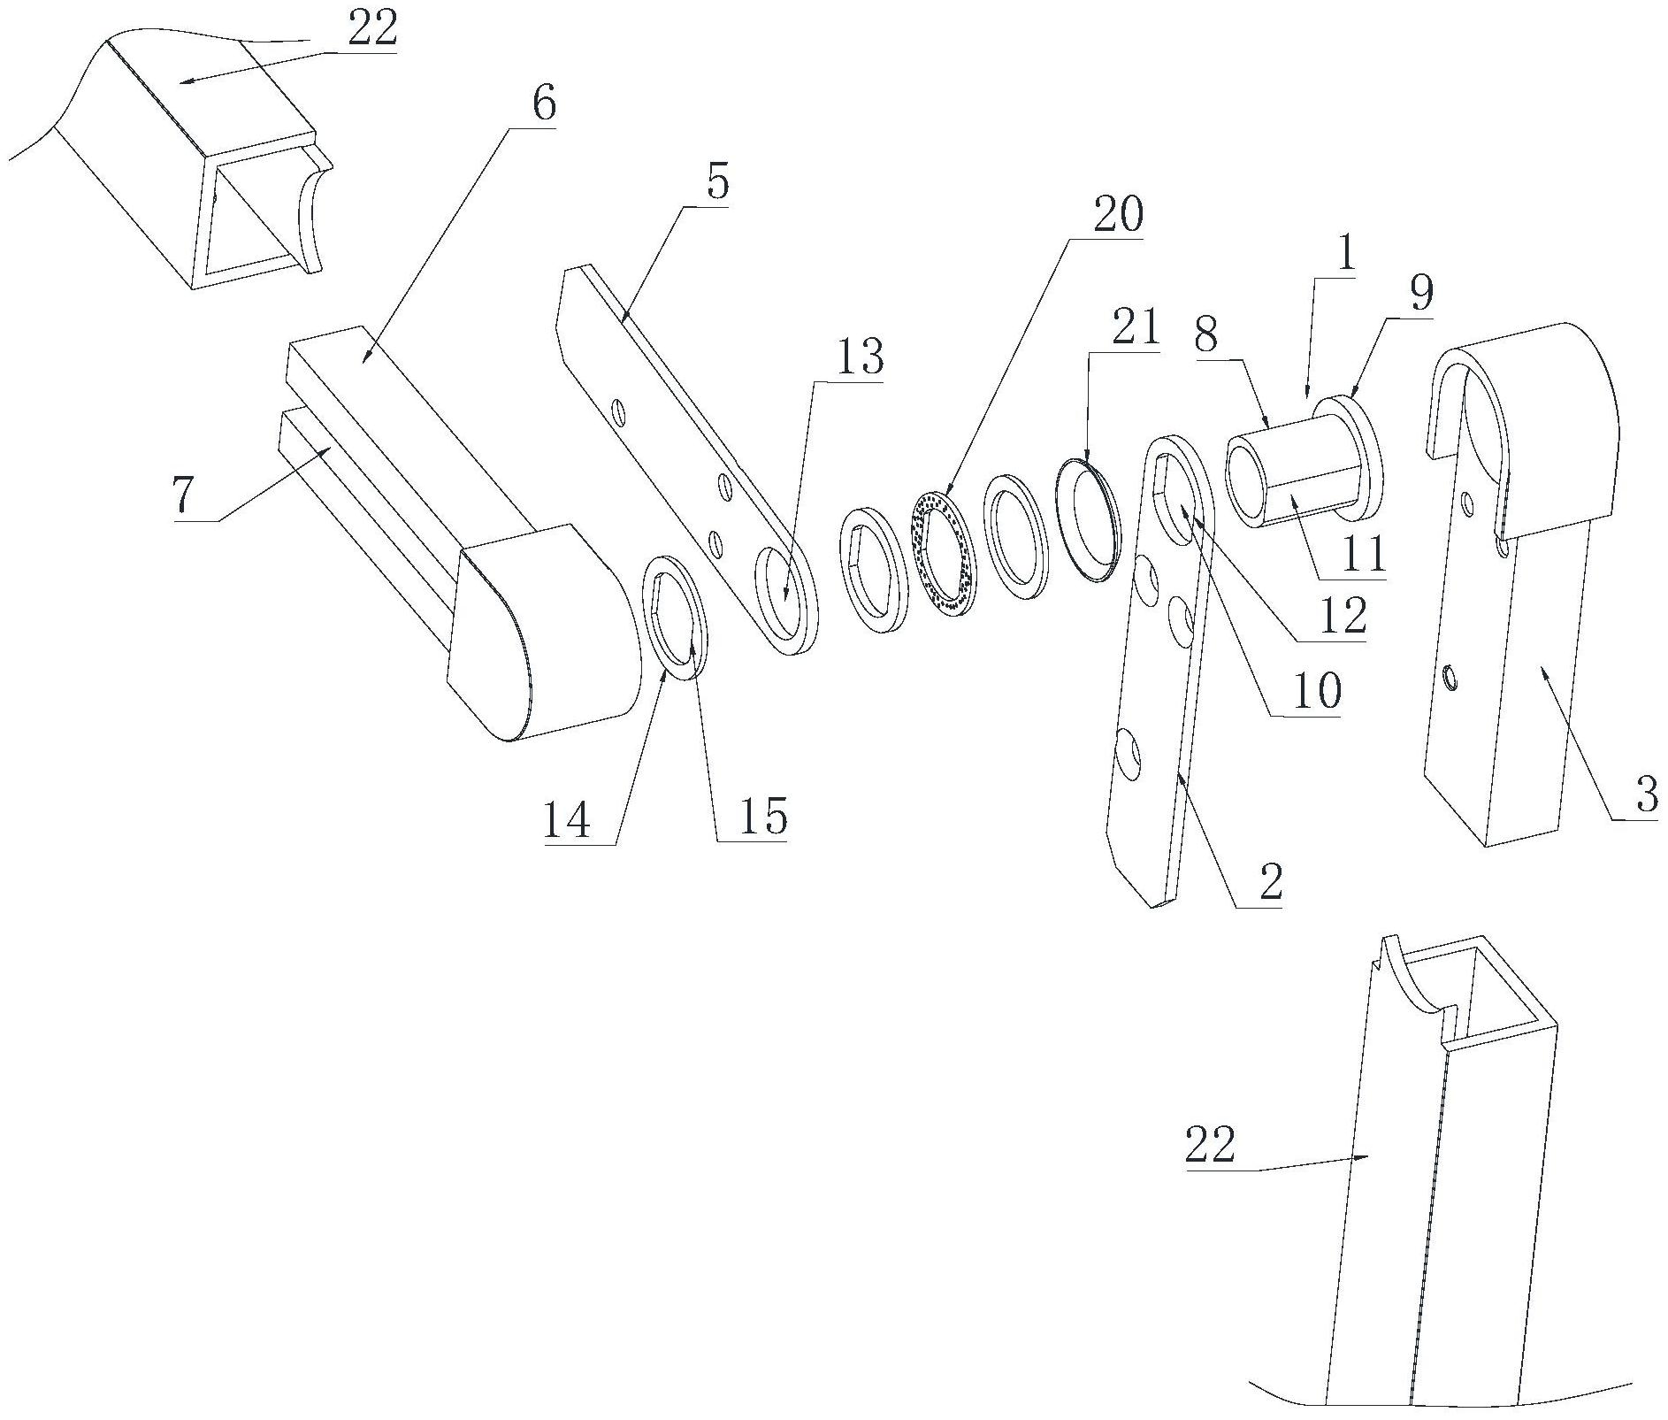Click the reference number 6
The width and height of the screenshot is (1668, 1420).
coord(542,104)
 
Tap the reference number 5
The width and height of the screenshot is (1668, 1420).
coord(716,182)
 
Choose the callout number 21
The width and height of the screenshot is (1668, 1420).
coord(1135,329)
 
